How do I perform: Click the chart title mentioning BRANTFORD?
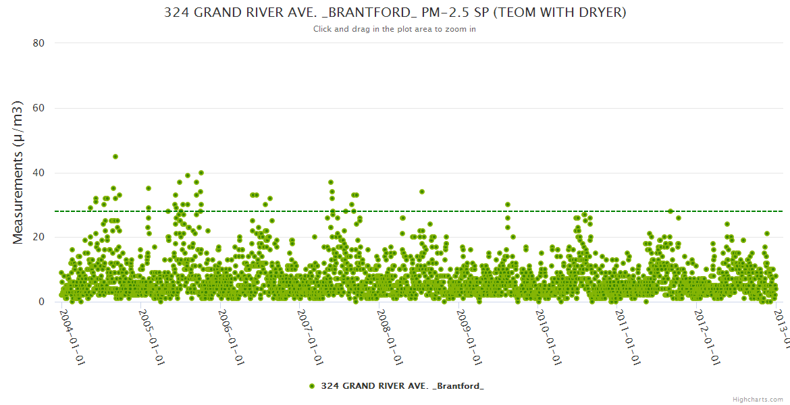(395, 13)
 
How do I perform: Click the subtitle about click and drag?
(395, 29)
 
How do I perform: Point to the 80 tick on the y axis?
(38, 43)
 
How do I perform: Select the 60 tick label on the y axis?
(38, 108)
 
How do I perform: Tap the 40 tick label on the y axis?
(38, 173)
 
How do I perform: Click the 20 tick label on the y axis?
(38, 237)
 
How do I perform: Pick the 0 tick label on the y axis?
(41, 302)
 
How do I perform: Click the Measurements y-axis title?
(19, 172)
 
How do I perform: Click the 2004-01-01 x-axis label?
(72, 334)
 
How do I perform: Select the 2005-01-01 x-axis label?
(151, 334)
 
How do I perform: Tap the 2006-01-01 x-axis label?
(231, 334)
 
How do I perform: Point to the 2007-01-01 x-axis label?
(310, 334)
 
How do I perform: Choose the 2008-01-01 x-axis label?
(390, 334)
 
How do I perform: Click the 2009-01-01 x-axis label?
(469, 334)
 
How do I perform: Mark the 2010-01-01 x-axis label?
(549, 334)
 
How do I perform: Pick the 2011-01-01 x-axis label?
(628, 334)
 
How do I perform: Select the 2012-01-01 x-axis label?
(708, 334)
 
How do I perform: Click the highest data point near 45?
(115, 157)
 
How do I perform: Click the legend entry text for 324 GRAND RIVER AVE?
(402, 385)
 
